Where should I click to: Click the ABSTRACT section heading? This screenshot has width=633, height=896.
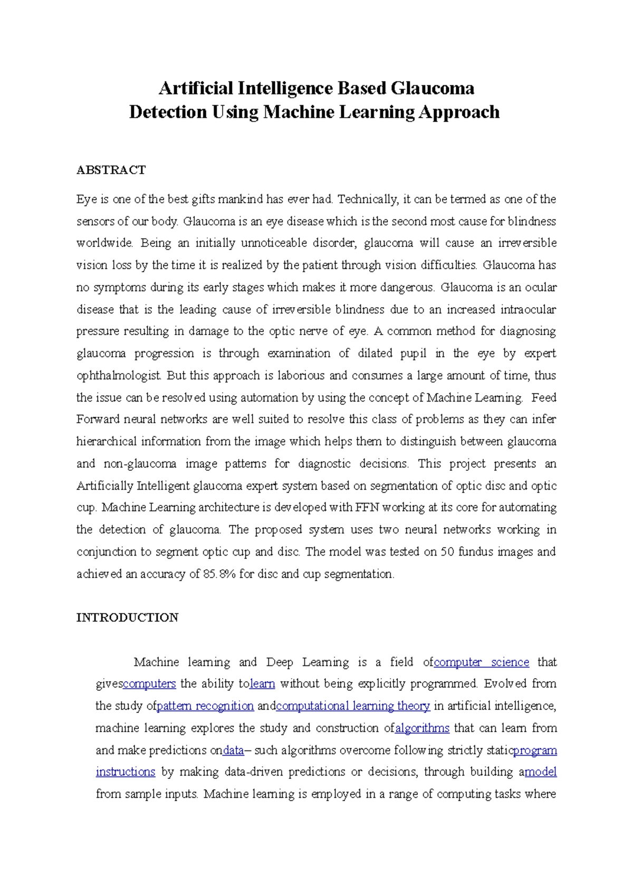click(x=111, y=170)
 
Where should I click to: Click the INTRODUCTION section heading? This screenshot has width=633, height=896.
click(x=127, y=617)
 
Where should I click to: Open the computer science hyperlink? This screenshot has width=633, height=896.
click(x=481, y=662)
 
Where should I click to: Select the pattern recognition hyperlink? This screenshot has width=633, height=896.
click(x=205, y=706)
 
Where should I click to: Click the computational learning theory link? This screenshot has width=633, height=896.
click(x=353, y=706)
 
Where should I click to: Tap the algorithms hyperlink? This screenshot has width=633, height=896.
click(x=422, y=728)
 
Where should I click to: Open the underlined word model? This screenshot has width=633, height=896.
click(x=541, y=772)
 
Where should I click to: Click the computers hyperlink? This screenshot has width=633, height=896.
click(x=149, y=684)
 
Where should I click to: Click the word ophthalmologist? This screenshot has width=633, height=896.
click(x=119, y=376)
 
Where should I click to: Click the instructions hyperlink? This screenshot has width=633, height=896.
click(x=126, y=772)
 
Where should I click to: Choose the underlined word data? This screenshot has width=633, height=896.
click(x=233, y=750)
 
